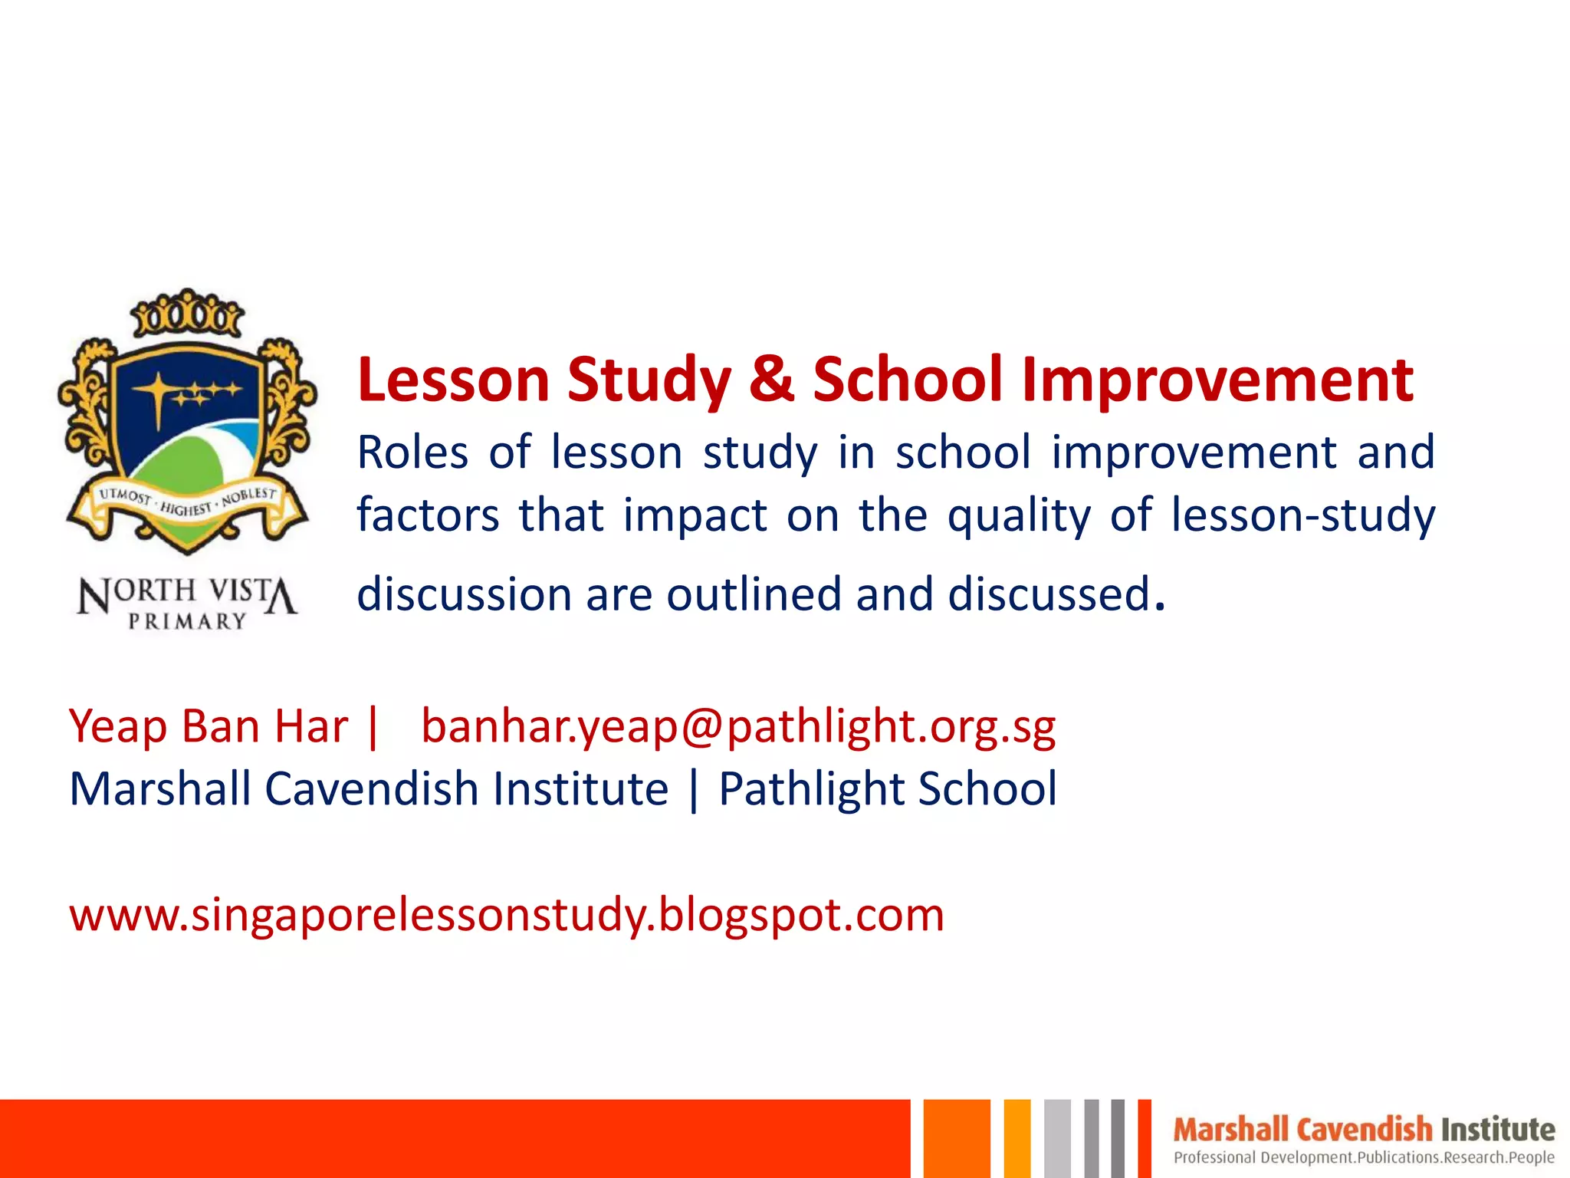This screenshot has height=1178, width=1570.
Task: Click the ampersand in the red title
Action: [771, 380]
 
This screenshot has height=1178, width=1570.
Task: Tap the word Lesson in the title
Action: [453, 380]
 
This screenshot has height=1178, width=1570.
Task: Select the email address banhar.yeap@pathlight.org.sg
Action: [738, 726]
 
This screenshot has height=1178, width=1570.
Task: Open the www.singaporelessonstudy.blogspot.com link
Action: [507, 914]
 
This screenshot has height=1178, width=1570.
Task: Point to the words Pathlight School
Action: [888, 789]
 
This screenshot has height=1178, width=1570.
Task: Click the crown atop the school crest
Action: [186, 313]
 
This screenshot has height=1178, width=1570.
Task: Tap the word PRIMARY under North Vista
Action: [187, 621]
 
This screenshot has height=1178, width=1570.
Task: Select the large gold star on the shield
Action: [157, 391]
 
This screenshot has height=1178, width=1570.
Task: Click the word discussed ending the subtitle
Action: [1049, 594]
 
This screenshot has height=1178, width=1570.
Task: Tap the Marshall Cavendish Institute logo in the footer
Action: [1363, 1130]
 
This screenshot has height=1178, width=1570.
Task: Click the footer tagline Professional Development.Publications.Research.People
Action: [1363, 1157]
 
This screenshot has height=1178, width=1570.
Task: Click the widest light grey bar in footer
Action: [1057, 1139]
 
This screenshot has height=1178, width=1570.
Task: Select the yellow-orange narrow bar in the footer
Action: [1017, 1139]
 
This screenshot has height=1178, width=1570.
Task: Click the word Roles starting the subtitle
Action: [412, 452]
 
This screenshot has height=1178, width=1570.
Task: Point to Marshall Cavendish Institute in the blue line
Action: [369, 789]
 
